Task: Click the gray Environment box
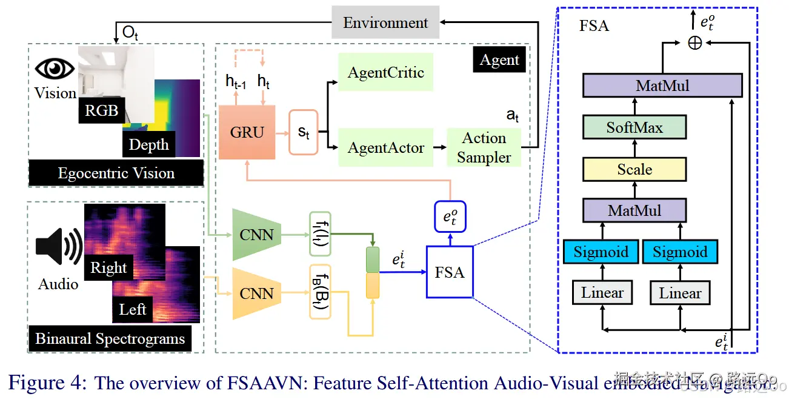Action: [x=385, y=23]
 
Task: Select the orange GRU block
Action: [x=247, y=132]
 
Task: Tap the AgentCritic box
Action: [x=385, y=72]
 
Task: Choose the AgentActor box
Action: [x=385, y=147]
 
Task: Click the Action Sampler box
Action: [x=484, y=147]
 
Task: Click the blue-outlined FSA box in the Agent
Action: [x=449, y=272]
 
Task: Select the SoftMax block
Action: [x=634, y=127]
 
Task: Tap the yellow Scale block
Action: [x=634, y=169]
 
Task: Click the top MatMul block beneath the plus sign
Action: [x=662, y=85]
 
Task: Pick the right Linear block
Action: [x=680, y=293]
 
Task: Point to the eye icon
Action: [x=55, y=68]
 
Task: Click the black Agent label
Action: [x=499, y=60]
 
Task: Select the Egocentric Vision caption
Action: [x=116, y=173]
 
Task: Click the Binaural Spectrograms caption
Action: [x=110, y=338]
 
